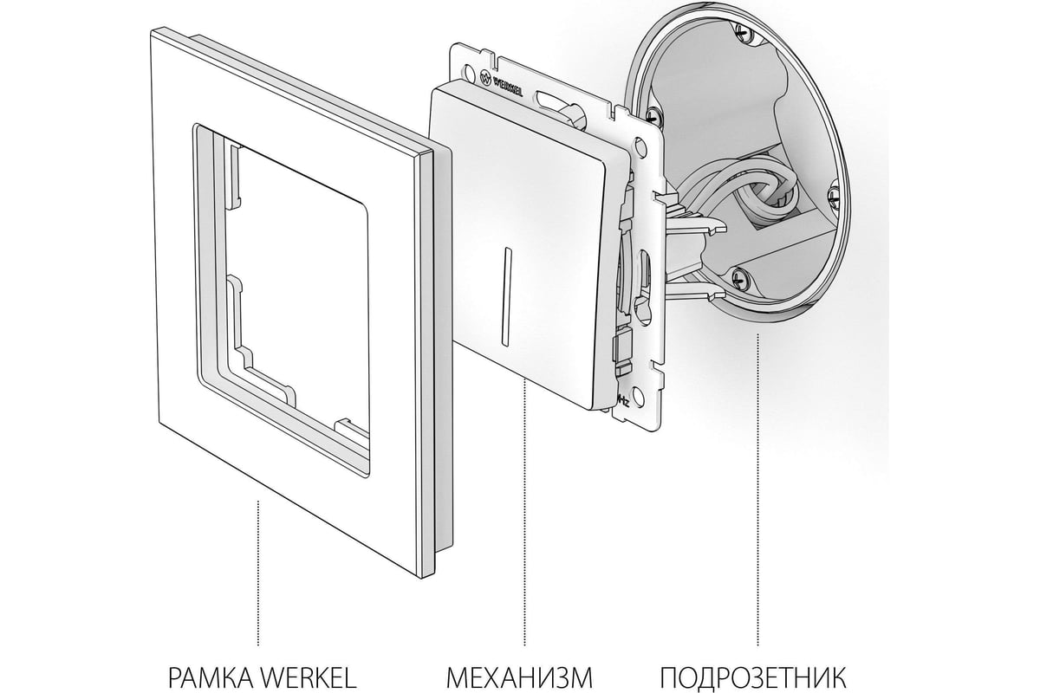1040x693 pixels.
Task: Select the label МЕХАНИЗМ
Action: [x=519, y=678]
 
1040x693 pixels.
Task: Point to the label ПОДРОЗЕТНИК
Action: [x=753, y=678]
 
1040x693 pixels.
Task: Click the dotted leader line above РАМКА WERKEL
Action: [x=258, y=573]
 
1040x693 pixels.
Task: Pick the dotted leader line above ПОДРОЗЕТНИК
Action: [x=757, y=489]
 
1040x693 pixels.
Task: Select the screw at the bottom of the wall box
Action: [x=739, y=277]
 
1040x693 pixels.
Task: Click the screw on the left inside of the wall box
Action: [x=653, y=114]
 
